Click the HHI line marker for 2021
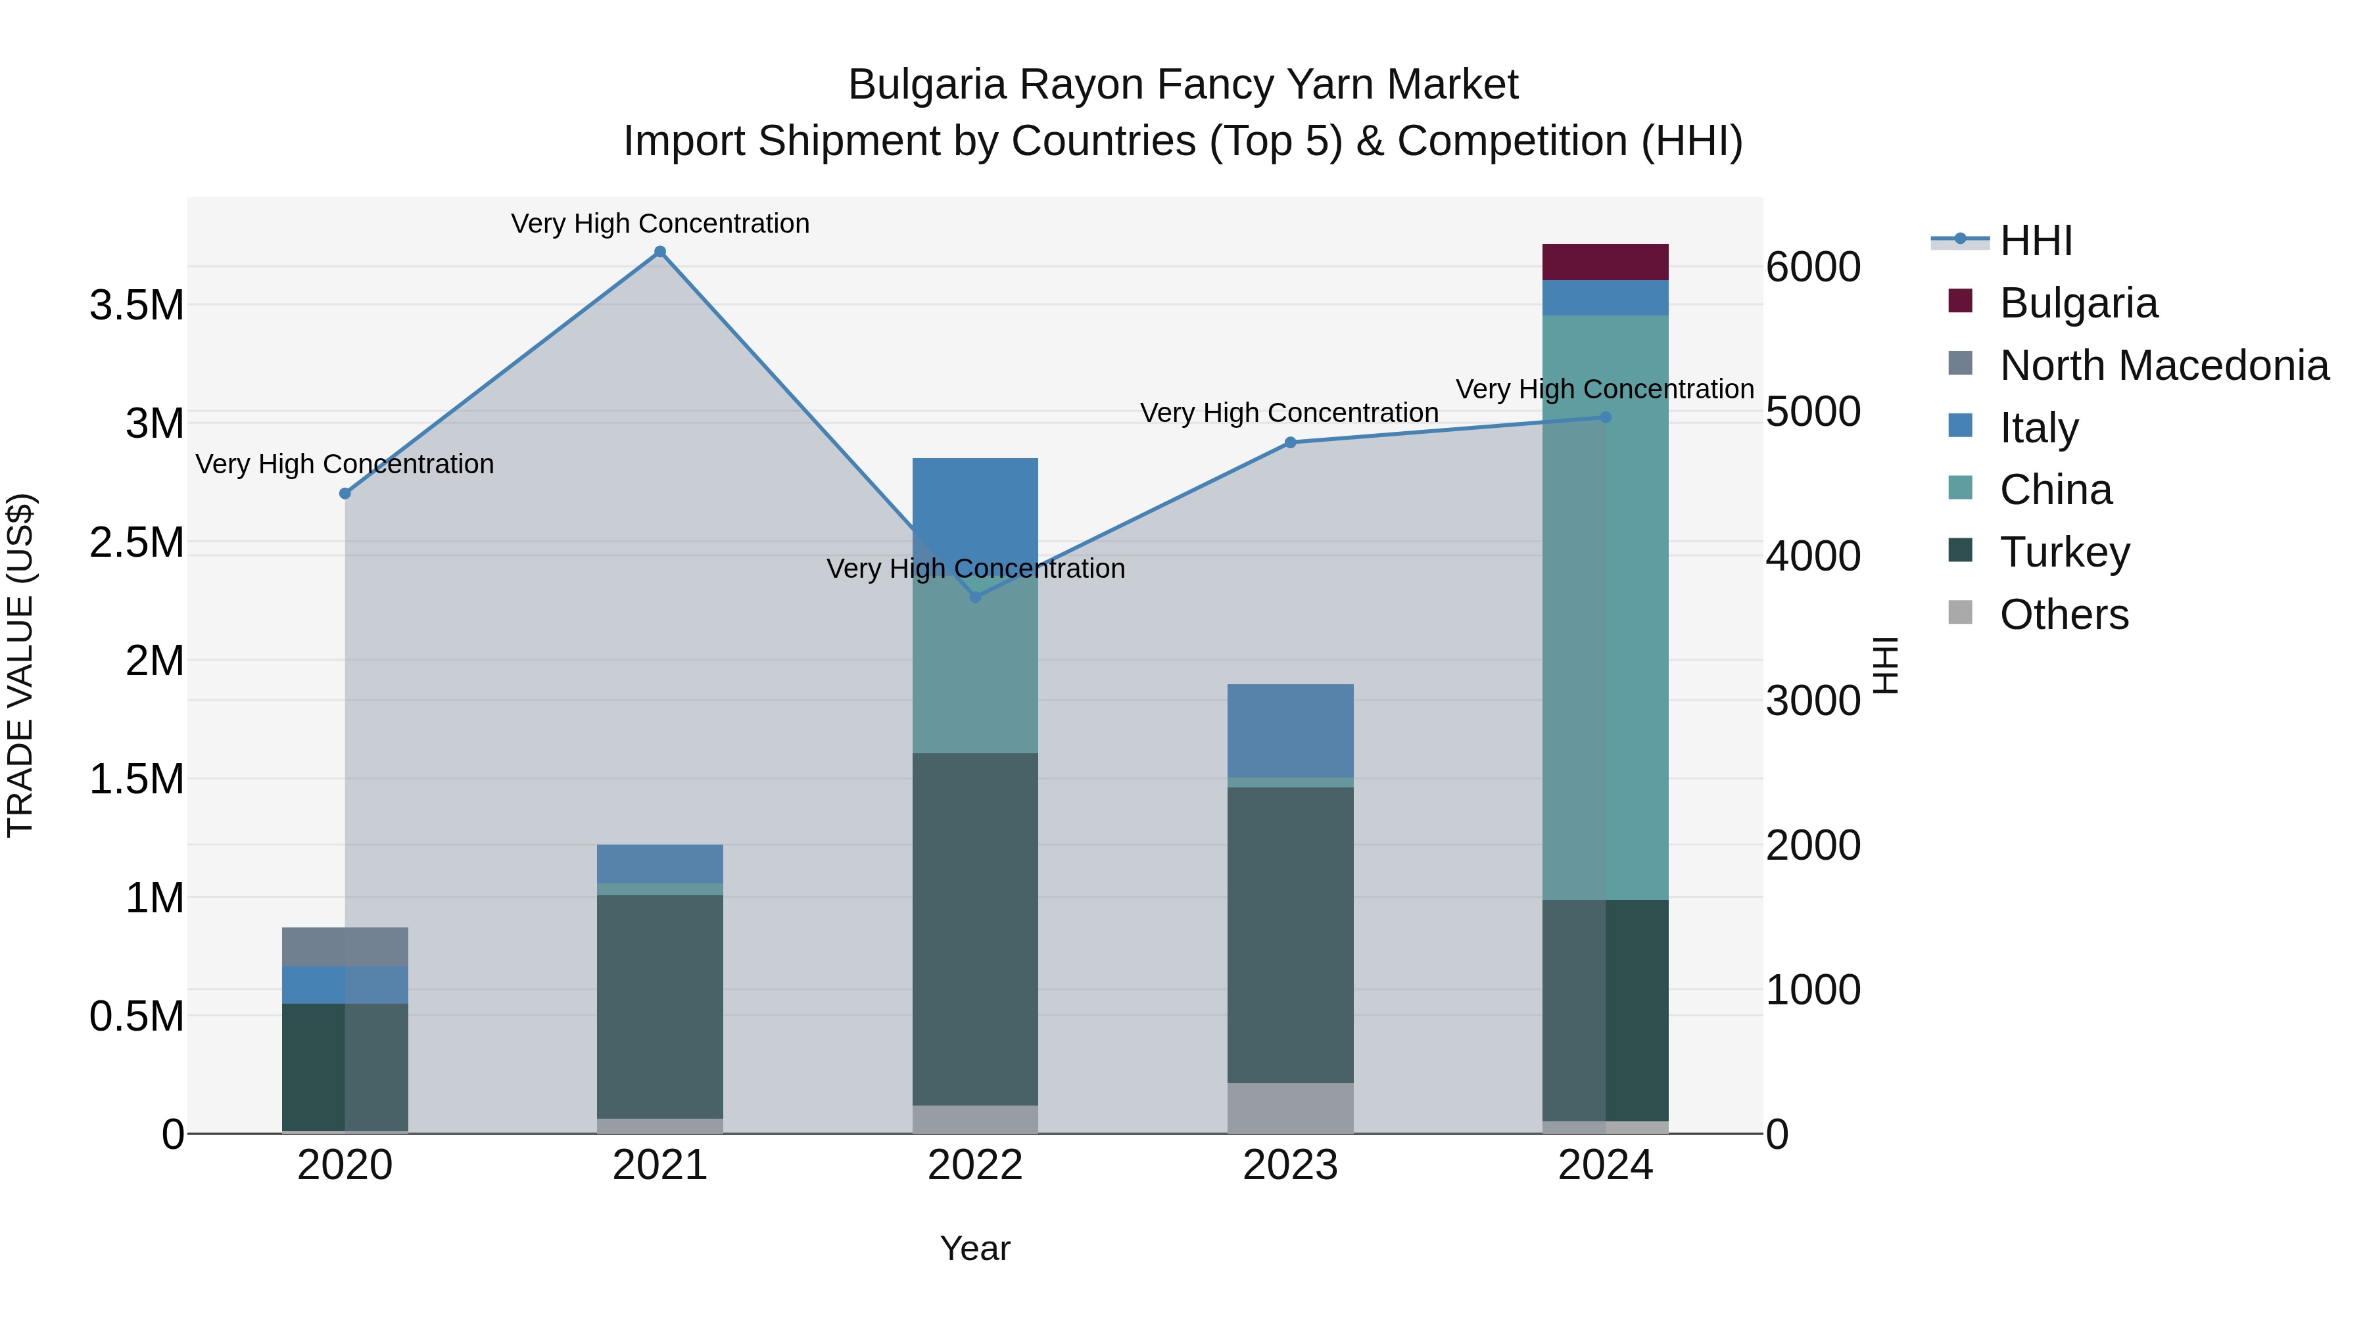[x=659, y=252]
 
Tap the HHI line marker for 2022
[x=976, y=597]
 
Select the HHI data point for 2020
[x=345, y=493]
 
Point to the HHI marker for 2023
[x=1290, y=443]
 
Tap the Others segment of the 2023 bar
[x=1290, y=1108]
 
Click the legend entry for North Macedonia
[x=2164, y=365]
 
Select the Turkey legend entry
[x=2065, y=552]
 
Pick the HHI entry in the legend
[x=2035, y=241]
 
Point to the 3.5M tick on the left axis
[x=137, y=305]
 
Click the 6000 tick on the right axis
[x=1813, y=268]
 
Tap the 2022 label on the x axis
[x=975, y=1165]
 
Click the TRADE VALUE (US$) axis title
[x=20, y=665]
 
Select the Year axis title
[x=975, y=1248]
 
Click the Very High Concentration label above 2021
[x=659, y=223]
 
